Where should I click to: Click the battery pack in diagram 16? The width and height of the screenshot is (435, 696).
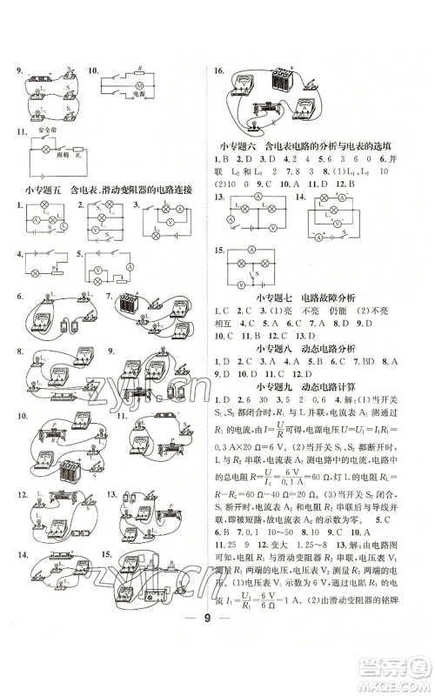pyautogui.click(x=284, y=88)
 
